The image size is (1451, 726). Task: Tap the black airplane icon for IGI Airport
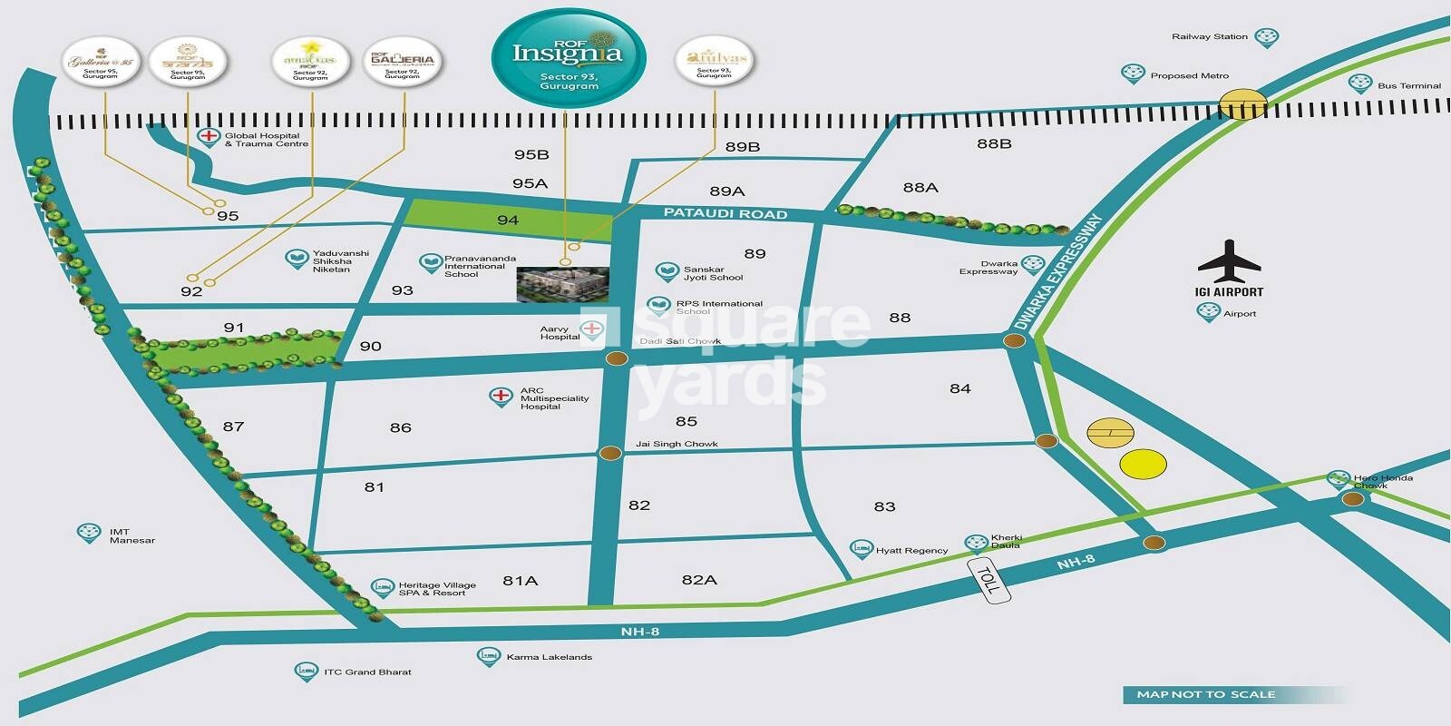pyautogui.click(x=1229, y=261)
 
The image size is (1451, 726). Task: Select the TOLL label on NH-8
pyautogui.click(x=988, y=579)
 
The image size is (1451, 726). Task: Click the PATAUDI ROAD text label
pyautogui.click(x=725, y=214)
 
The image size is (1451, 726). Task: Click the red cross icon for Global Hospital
pyautogui.click(x=209, y=138)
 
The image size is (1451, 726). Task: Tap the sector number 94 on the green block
pyautogui.click(x=508, y=221)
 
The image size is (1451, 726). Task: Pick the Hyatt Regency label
pyautogui.click(x=911, y=550)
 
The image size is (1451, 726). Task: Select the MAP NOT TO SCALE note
pyautogui.click(x=1205, y=694)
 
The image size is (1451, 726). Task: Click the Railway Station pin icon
pyautogui.click(x=1267, y=38)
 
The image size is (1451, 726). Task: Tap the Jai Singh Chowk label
pyautogui.click(x=677, y=444)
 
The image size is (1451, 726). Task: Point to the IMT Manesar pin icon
pyautogui.click(x=88, y=533)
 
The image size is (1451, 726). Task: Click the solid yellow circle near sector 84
pyautogui.click(x=1143, y=464)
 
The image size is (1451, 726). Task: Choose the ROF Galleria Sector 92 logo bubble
pyautogui.click(x=403, y=62)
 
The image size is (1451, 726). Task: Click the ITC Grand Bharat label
pyautogui.click(x=367, y=672)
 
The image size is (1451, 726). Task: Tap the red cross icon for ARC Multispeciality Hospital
pyautogui.click(x=500, y=396)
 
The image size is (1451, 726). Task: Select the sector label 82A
pyautogui.click(x=699, y=579)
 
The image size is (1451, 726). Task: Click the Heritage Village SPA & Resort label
pyautogui.click(x=436, y=589)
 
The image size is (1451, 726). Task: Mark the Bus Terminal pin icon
pyautogui.click(x=1358, y=83)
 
